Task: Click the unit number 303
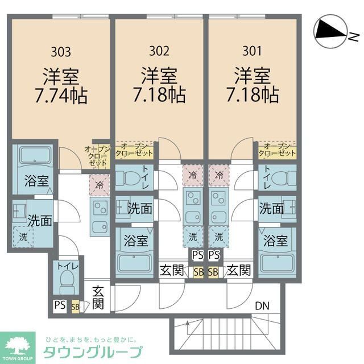tap(61, 52)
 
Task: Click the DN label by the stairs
tap(262, 306)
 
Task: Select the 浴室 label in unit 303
tap(36, 182)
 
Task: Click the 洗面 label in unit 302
tap(139, 209)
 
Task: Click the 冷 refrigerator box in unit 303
tap(100, 184)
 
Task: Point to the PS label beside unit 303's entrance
tap(60, 305)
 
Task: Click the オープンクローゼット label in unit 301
tap(277, 150)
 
